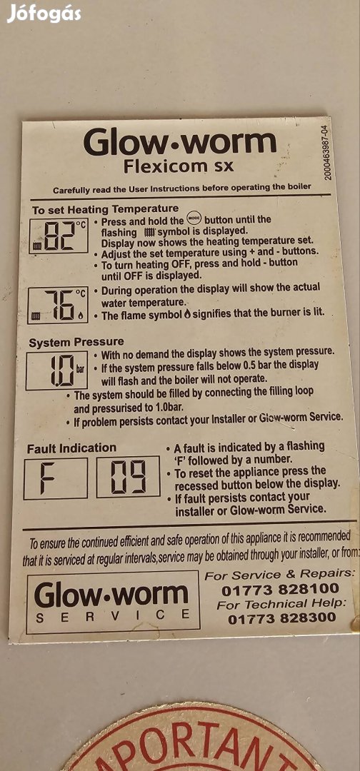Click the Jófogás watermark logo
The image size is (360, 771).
44,13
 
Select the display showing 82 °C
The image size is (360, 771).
59,236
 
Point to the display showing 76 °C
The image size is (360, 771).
58,306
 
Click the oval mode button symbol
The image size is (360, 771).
194,219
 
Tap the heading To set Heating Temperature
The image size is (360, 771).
105,209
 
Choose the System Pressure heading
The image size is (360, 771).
76,342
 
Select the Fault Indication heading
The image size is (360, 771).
72,448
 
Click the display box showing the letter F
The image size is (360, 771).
55,478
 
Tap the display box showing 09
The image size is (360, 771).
129,476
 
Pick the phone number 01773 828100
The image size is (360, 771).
280,589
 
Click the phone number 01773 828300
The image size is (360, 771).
282,618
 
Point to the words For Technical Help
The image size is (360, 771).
282,604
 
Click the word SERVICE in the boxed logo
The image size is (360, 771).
113,615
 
